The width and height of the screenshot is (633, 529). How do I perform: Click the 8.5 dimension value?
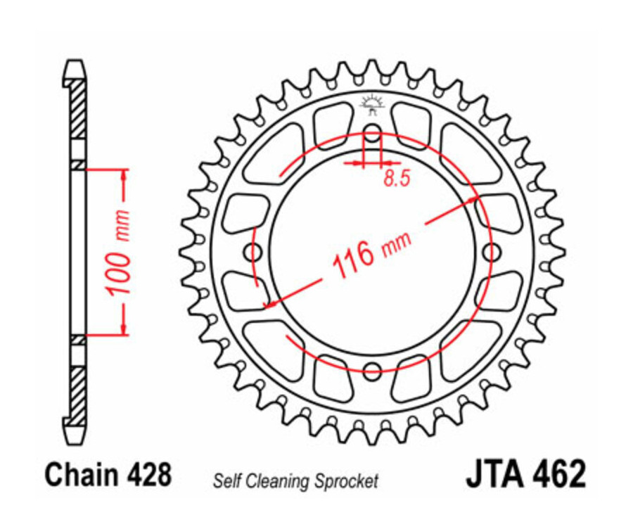coord(397,179)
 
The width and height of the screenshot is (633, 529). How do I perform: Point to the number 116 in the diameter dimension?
coord(352,260)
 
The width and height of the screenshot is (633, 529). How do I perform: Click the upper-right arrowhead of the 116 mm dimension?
coord(475,201)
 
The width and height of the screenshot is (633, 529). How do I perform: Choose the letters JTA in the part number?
coord(494,475)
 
